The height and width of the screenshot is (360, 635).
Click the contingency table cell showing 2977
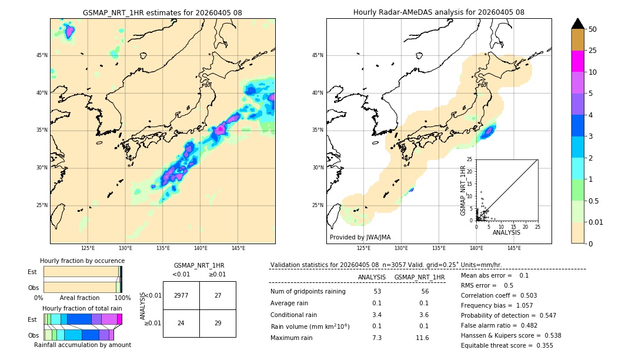click(181, 295)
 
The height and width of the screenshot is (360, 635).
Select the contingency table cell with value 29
click(218, 323)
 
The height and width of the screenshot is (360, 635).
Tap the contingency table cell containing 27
click(218, 295)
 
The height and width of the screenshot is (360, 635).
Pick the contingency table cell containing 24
click(181, 323)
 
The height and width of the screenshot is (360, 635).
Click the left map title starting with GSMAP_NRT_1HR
click(162, 12)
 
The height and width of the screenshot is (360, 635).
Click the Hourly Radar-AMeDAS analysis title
click(439, 12)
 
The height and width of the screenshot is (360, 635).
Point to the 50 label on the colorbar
click(593, 29)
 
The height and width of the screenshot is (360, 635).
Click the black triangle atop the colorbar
click(578, 24)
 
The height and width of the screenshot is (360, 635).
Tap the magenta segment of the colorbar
click(578, 61)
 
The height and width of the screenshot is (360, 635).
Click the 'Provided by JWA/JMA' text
click(360, 237)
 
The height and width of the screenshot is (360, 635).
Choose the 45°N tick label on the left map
click(42, 55)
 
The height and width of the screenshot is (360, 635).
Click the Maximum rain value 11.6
click(422, 338)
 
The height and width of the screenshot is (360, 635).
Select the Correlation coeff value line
click(499, 295)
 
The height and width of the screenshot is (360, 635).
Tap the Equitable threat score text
click(507, 345)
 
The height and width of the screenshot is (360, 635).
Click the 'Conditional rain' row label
click(295, 315)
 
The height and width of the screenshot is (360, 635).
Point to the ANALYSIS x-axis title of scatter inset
click(506, 233)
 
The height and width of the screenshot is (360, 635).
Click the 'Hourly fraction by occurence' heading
click(82, 261)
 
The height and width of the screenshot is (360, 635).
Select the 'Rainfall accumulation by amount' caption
click(82, 345)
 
